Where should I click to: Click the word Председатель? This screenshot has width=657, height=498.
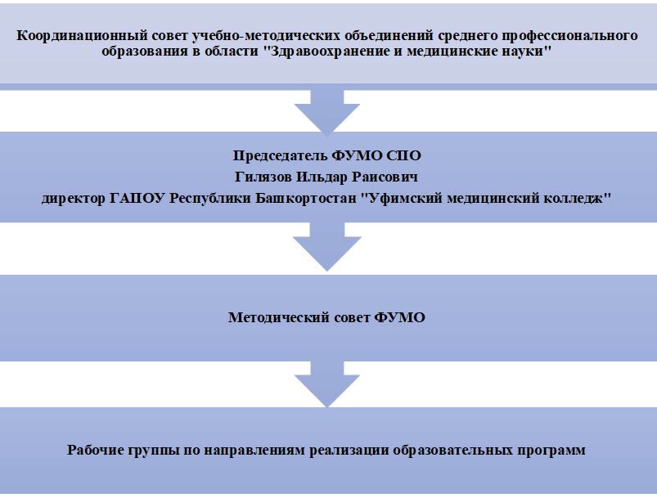280,156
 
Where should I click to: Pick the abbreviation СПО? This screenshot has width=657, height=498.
403,156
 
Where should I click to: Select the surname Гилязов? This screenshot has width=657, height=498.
263,177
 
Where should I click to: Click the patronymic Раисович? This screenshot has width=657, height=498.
385,177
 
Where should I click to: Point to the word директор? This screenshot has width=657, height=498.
74,198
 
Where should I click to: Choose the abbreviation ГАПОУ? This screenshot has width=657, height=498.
137,198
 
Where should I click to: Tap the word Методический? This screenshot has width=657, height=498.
279,317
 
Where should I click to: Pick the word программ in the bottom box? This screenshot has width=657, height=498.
551,451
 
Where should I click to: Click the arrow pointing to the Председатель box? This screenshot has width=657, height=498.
326,112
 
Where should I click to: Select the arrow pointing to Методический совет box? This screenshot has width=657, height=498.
326,246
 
